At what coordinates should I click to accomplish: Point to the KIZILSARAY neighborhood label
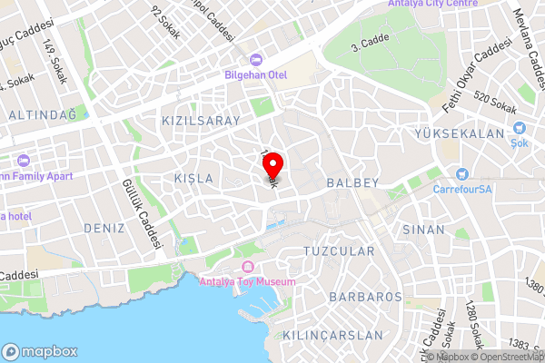point(200,121)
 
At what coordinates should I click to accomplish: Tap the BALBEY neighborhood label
point(372,183)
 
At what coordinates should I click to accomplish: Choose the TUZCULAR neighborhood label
point(339,250)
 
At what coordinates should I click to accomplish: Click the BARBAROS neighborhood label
point(365,297)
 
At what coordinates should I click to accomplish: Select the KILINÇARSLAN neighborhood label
point(333,335)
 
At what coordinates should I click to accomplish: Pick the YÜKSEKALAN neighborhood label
point(471,133)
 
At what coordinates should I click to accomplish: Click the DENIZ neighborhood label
point(104,228)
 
